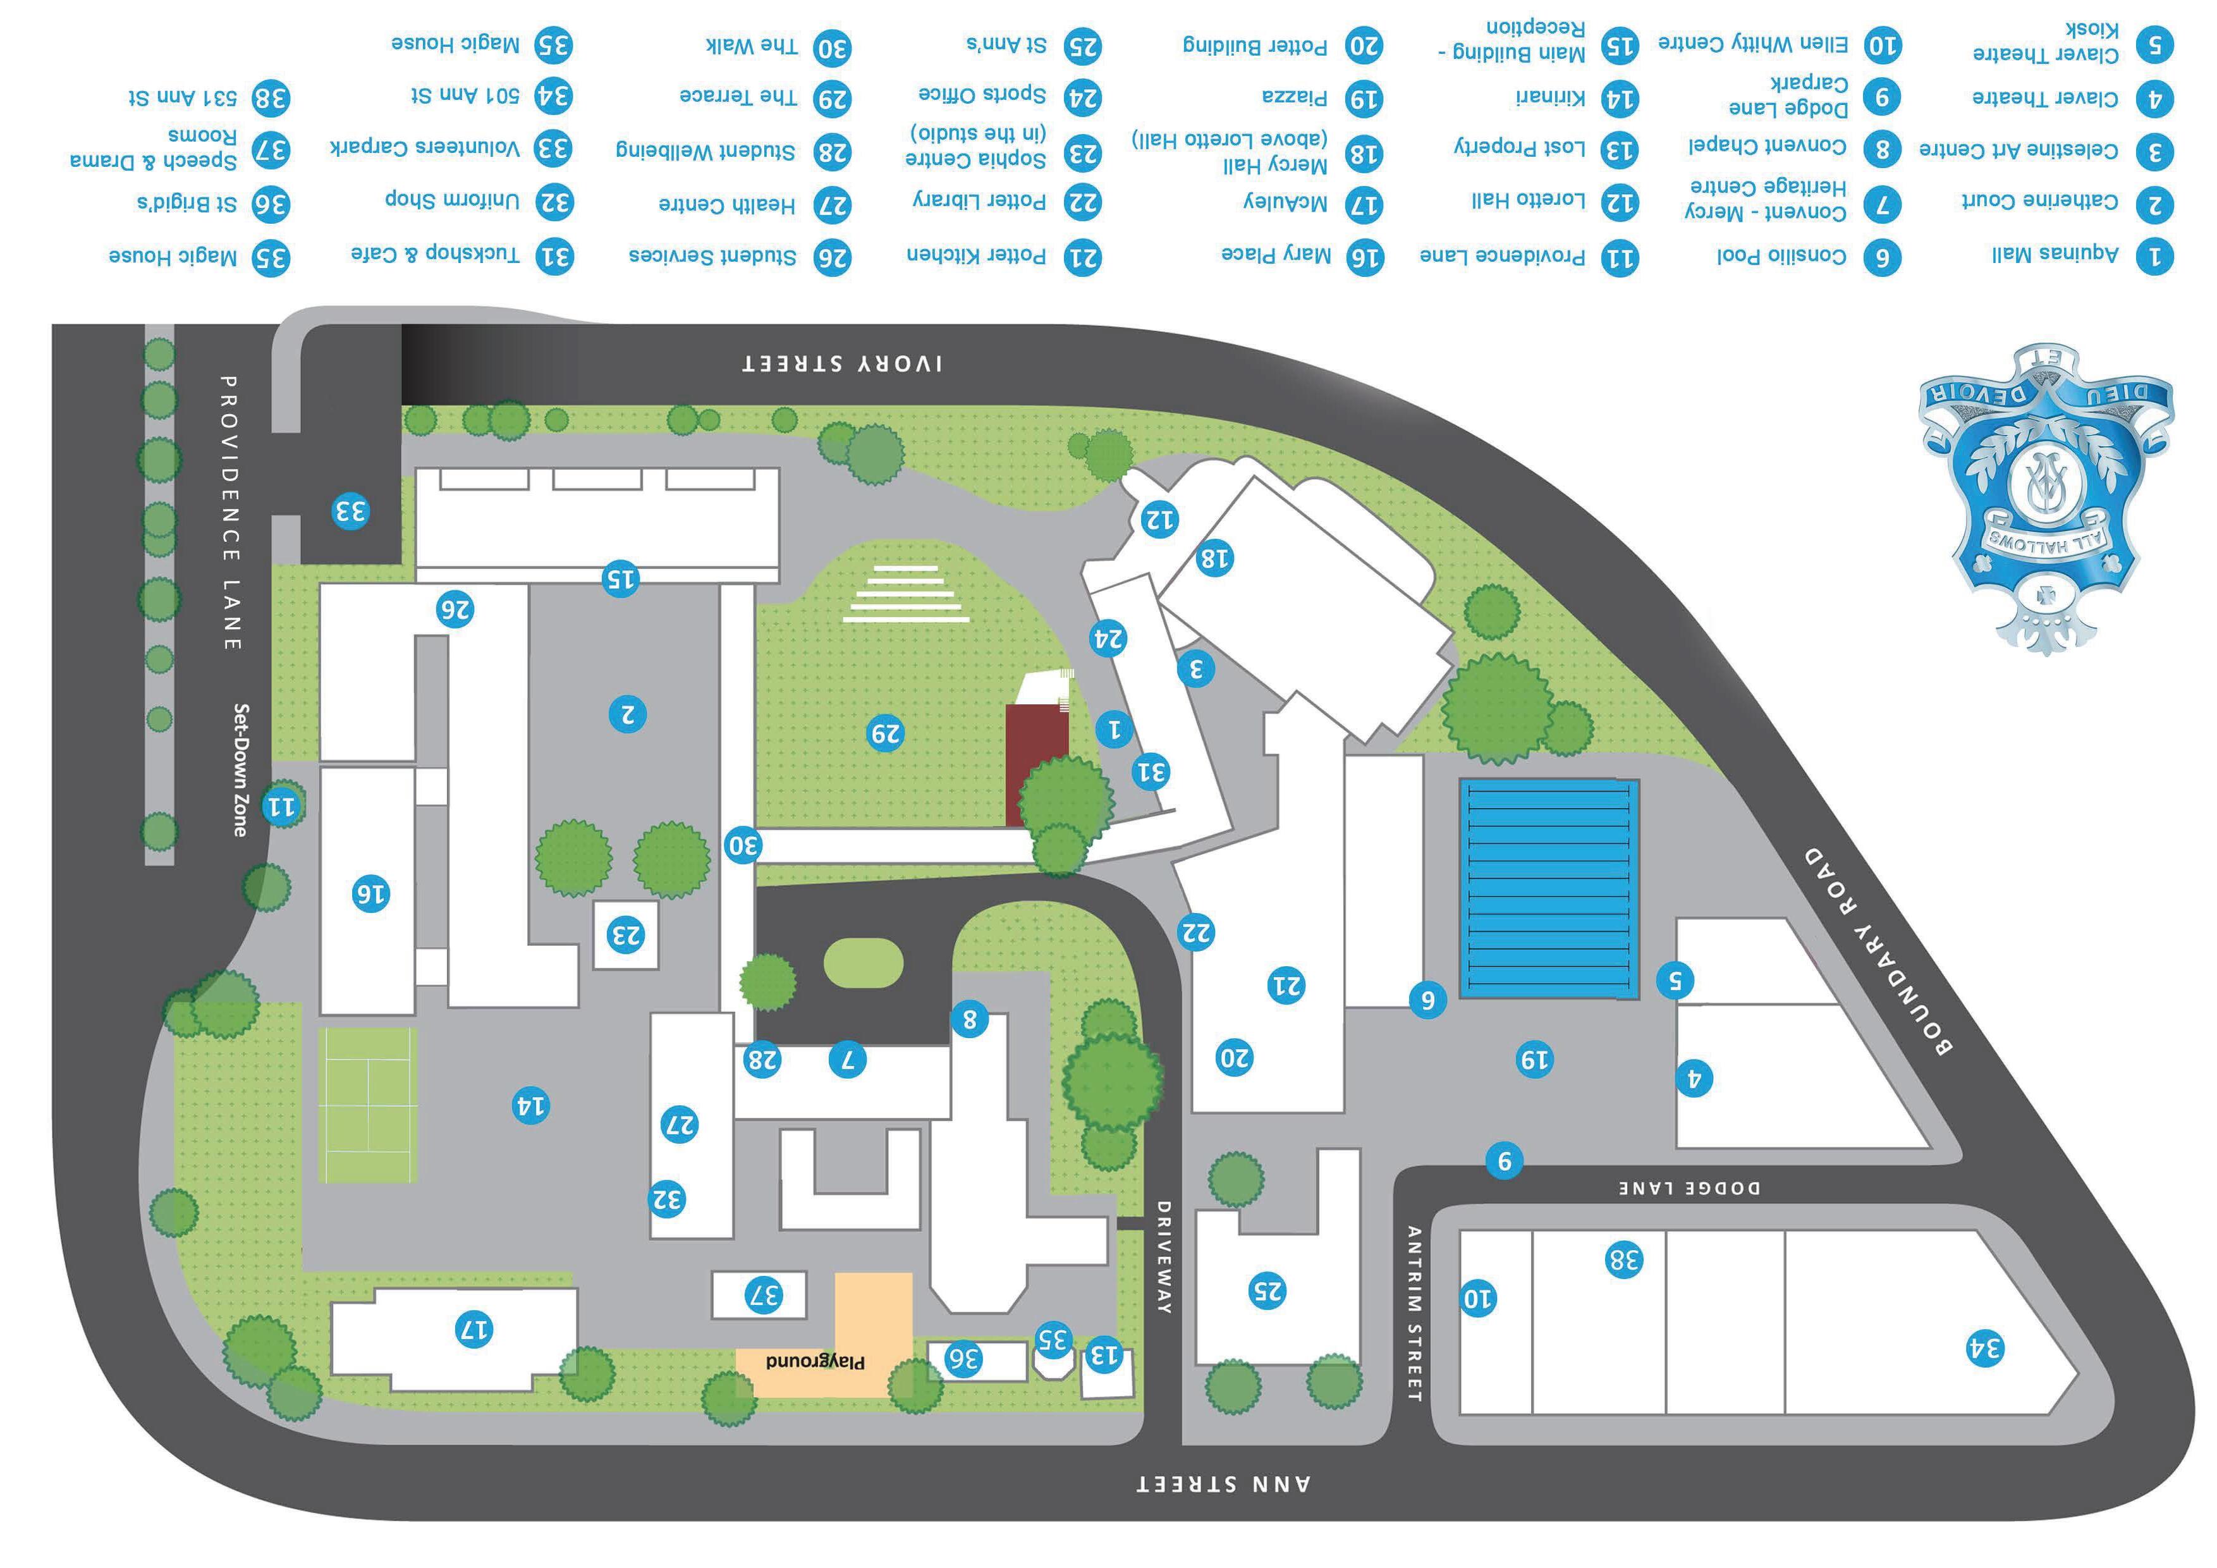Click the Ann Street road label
(1223, 1483)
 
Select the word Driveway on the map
(1164, 1257)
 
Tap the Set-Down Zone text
(240, 769)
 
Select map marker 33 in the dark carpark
(350, 511)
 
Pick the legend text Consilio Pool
(1781, 256)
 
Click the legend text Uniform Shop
(452, 200)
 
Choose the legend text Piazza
(1294, 97)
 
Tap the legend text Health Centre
(726, 205)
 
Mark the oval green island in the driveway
(864, 963)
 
